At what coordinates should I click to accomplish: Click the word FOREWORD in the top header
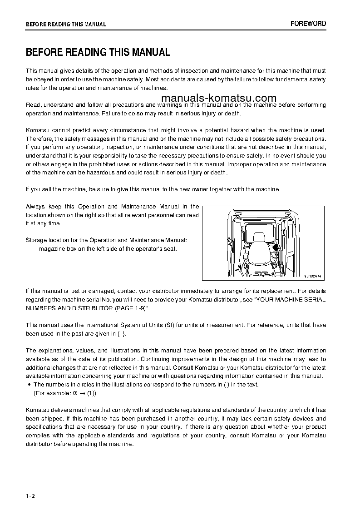pos(308,24)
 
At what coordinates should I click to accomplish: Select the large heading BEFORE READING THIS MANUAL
pos(98,52)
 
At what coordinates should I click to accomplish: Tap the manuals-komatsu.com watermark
pos(218,99)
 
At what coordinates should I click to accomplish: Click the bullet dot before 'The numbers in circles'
pos(29,385)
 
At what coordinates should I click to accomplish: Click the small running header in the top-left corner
pos(66,24)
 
